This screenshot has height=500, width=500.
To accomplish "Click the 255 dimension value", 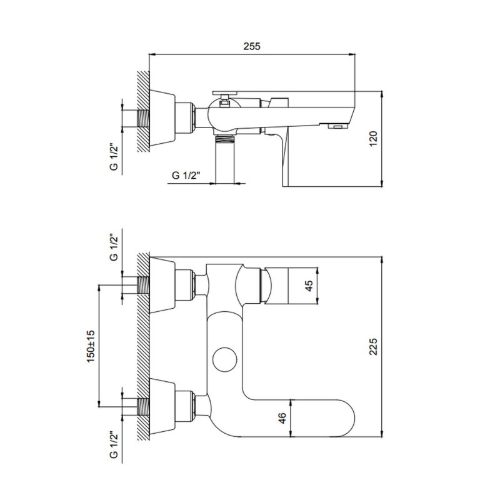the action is (252, 46).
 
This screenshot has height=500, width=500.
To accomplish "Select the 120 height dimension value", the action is (373, 138).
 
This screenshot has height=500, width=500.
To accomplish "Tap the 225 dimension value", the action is (373, 346).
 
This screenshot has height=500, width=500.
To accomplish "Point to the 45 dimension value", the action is (309, 286).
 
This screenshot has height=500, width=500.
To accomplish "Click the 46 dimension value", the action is (282, 418).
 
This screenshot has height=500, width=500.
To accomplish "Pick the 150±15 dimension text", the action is (91, 346).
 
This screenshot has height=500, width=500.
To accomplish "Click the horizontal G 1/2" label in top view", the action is (186, 175).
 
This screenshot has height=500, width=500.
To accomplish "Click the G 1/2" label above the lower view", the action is (114, 247).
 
